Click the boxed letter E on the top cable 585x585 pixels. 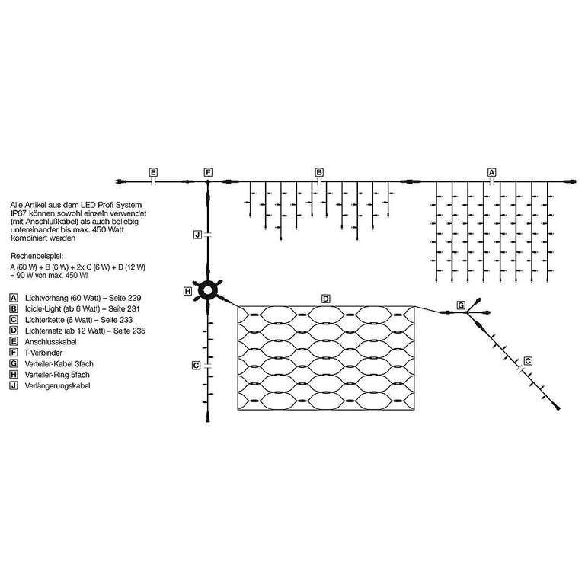tap(153, 172)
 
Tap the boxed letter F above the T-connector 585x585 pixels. tap(208, 172)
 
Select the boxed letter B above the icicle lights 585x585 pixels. tap(319, 172)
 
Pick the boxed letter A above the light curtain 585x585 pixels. tap(492, 172)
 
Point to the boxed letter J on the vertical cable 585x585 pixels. tap(198, 235)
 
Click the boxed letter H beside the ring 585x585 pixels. tap(188, 291)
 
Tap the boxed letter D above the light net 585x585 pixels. tap(326, 299)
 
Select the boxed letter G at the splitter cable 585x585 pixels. tap(461, 305)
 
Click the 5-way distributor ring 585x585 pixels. tap(207, 291)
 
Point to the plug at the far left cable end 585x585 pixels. tap(121, 182)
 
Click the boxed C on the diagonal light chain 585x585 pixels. tap(528, 361)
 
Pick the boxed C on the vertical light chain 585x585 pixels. tap(197, 366)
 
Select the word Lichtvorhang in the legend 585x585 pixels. tap(46, 298)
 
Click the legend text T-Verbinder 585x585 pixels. tap(43, 353)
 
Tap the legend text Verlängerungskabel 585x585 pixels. tap(57, 386)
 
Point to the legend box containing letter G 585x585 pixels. tap(14, 364)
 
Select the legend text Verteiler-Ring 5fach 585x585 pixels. tap(57, 375)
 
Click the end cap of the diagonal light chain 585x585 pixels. tap(558, 408)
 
